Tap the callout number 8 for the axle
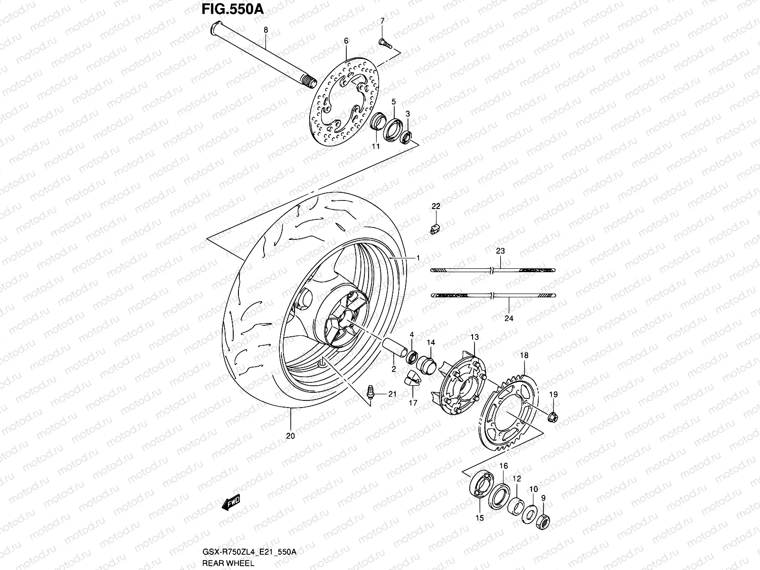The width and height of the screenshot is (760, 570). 266,30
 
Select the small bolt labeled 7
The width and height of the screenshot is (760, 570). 385,43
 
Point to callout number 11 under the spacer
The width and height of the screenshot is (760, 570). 376,147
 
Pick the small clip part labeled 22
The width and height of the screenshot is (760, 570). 435,228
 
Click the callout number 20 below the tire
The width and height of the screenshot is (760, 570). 291,436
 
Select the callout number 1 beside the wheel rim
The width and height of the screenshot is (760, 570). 418,257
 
